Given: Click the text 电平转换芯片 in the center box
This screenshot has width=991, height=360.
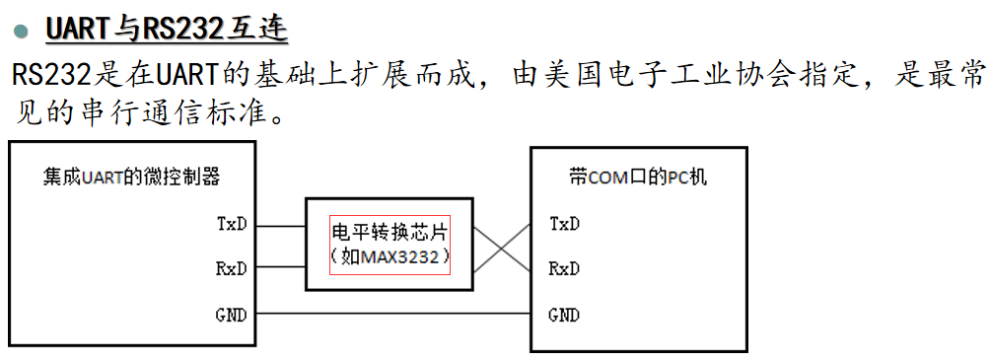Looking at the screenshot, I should pos(389,233).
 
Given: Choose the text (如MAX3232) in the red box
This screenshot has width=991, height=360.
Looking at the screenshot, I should pos(389,257).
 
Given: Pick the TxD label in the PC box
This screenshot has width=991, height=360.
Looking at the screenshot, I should pos(564,224).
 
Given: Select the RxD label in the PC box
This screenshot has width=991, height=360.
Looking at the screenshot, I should pos(564,268).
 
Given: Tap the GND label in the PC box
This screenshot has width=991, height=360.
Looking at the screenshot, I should pos(564,316).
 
